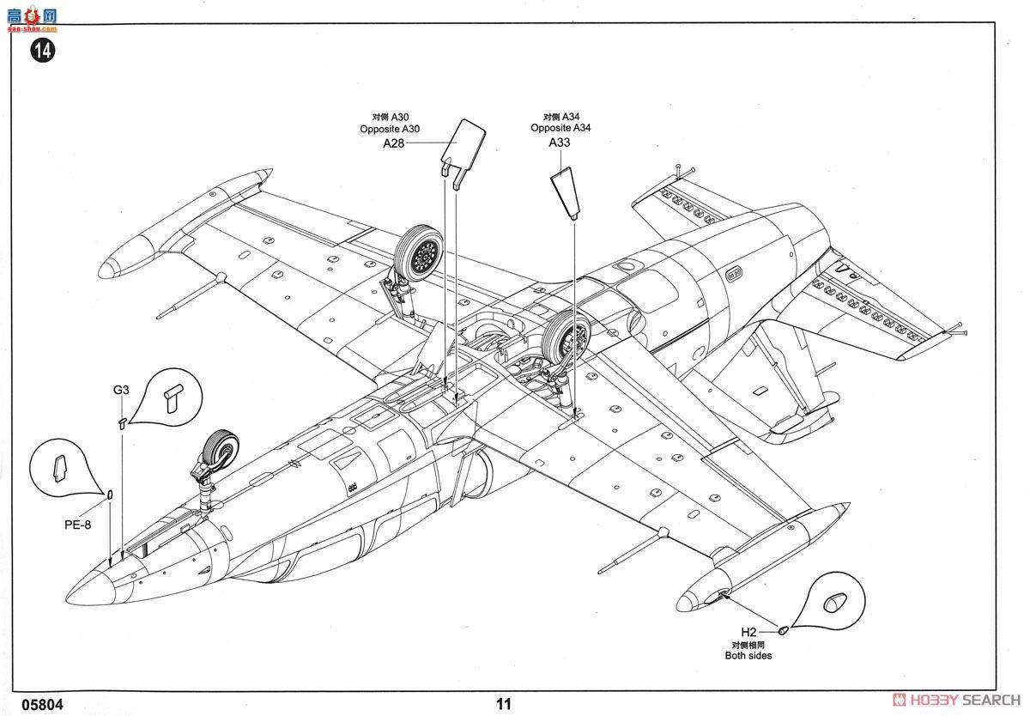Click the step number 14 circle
42,51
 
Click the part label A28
393,144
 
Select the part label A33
560,143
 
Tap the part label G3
121,390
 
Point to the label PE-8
77,524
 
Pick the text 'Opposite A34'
560,128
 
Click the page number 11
503,704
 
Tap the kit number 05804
38,704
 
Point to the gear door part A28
463,146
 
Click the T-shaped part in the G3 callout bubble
174,395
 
